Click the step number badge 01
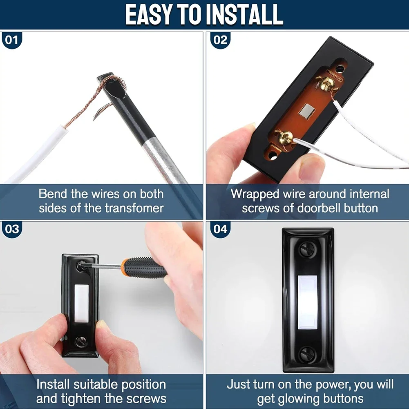pos(12,40)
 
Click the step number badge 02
pos(220,40)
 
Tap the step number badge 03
pos(12,229)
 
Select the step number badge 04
pos(220,229)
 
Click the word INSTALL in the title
pos(244,15)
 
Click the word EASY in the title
pos(148,15)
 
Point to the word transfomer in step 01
pos(134,208)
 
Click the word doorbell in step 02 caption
pos(319,208)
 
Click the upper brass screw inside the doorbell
pos(327,83)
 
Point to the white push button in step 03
pos(82,303)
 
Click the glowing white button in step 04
pos(308,302)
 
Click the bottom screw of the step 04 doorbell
pos(307,353)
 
